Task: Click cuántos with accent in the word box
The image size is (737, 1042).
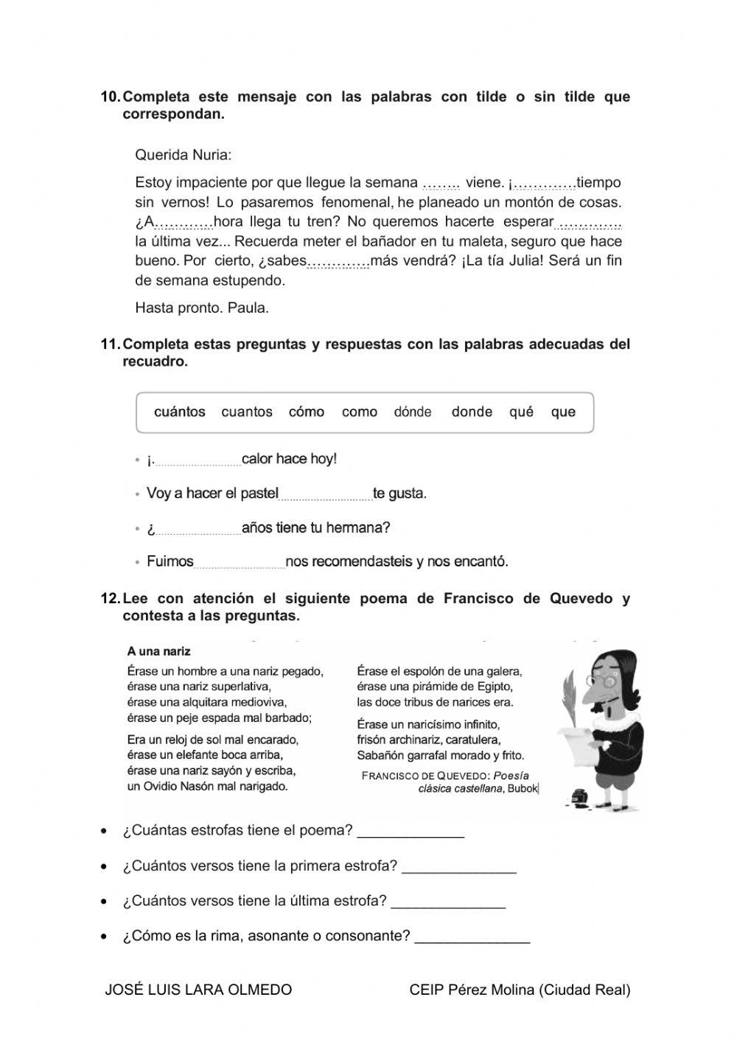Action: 180,412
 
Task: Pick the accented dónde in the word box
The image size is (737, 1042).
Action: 413,412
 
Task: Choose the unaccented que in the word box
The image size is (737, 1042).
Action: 563,412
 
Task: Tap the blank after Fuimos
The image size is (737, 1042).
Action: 239,564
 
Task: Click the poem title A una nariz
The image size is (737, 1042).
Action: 158,652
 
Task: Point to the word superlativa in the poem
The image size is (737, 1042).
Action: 239,687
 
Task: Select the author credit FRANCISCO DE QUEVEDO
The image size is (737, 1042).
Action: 425,776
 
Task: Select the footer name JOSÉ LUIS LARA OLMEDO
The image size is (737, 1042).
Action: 198,990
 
